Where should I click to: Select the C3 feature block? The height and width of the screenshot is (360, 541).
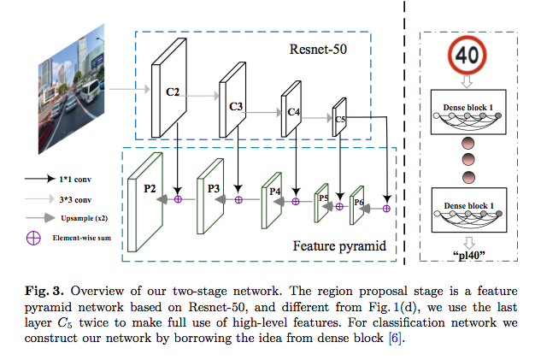click(235, 105)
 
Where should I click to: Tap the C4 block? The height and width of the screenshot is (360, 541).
click(291, 112)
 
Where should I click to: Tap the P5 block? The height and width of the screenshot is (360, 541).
click(322, 199)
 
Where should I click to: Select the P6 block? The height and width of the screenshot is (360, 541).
click(357, 204)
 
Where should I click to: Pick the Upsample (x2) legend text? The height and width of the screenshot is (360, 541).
click(82, 216)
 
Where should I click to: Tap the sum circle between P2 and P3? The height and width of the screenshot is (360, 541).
click(179, 199)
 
